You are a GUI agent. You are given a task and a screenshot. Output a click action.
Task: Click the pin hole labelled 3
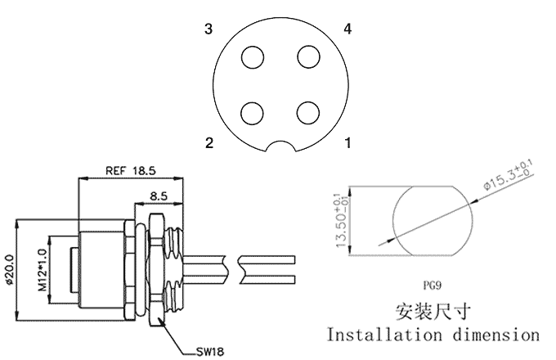pos(253,57)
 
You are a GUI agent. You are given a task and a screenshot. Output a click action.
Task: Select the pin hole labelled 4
pos(308,56)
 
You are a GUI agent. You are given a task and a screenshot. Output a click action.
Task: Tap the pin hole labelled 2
pos(252,113)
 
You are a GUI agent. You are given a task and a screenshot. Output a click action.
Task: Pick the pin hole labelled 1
pos(308,113)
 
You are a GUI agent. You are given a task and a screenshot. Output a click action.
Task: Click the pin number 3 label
pos(208,29)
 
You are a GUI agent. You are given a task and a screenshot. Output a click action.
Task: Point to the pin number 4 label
pos(347,29)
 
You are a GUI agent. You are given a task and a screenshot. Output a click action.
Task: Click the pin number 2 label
pos(209,143)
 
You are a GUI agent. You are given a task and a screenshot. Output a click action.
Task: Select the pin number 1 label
pos(348,143)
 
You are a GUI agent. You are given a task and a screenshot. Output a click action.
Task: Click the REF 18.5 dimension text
pos(131,171)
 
